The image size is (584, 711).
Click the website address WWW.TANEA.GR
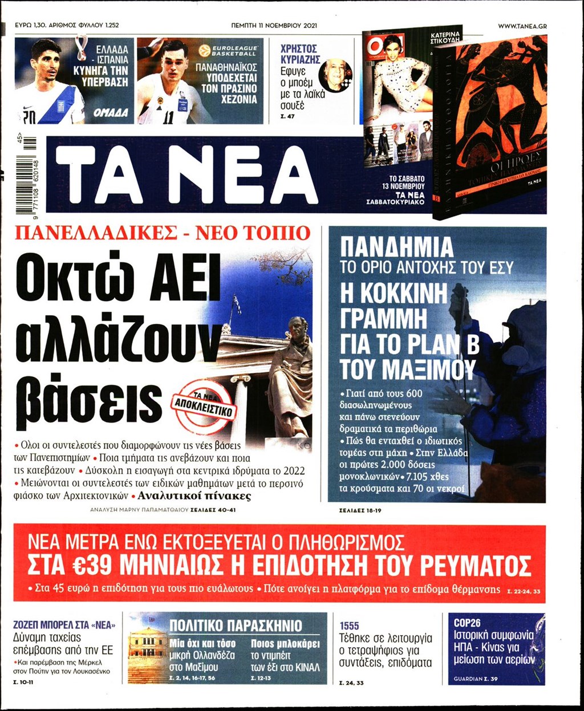point(522,26)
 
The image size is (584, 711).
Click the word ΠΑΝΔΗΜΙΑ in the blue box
point(396,247)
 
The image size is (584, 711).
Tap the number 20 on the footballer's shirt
point(28,117)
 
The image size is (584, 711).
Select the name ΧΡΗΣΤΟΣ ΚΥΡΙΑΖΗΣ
point(300,54)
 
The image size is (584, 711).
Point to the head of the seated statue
point(297,329)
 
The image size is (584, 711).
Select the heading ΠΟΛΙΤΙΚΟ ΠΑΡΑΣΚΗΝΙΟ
point(228,625)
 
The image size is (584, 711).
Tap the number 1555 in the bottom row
point(350,625)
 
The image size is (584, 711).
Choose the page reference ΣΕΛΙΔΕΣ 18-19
point(356,510)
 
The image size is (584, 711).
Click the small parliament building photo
point(147,651)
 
